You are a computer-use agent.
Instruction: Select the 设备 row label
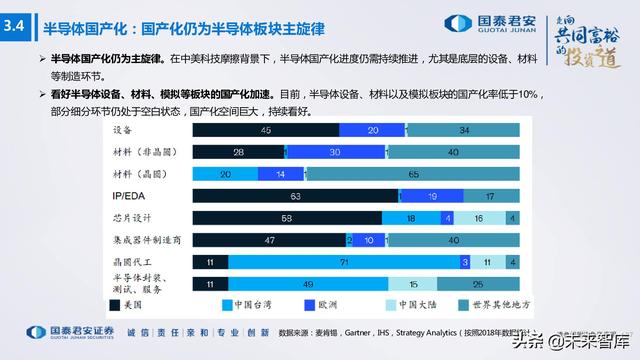123,130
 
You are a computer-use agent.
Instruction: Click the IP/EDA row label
130,195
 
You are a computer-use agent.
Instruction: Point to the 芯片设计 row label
133,217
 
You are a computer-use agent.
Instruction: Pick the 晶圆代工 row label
133,261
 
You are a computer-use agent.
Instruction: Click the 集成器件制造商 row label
144,239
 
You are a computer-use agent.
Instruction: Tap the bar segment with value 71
343,261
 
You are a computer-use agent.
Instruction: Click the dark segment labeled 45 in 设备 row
265,130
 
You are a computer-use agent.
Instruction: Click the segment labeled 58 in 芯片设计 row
286,218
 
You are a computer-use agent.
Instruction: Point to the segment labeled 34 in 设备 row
464,130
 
